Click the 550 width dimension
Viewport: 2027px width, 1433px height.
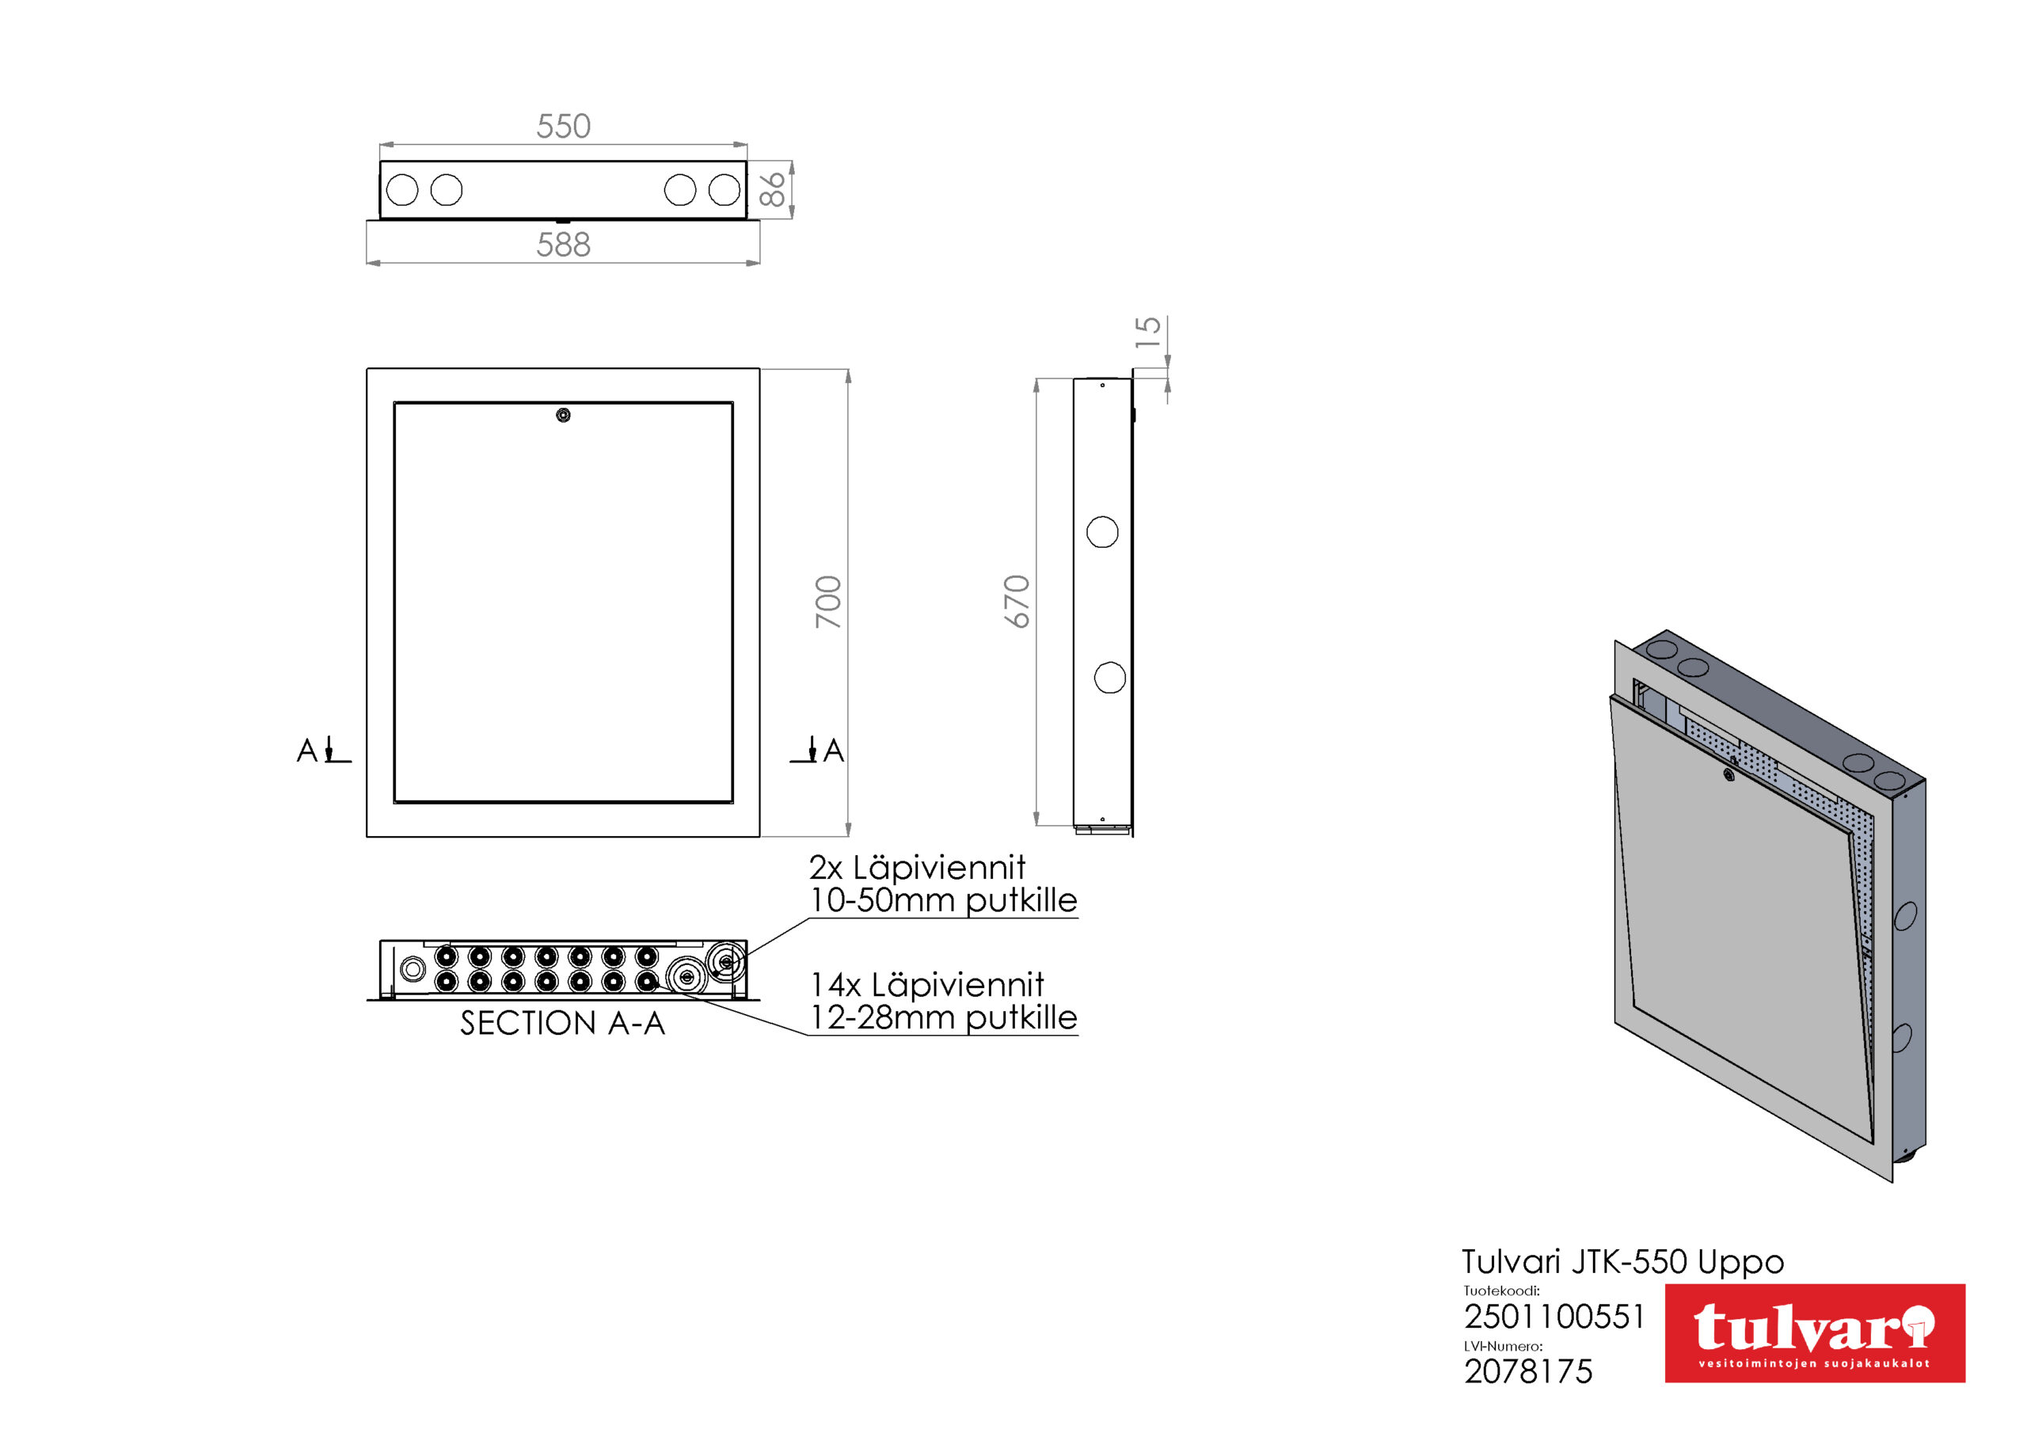563,126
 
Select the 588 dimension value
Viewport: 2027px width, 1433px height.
563,245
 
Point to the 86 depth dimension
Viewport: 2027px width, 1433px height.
771,189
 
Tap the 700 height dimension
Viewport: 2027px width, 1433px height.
828,602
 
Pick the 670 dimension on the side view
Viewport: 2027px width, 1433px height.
1017,602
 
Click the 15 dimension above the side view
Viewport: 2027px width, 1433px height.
1147,332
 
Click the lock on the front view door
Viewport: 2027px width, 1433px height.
563,415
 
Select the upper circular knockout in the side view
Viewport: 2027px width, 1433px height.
1101,532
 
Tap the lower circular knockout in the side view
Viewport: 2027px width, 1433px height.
1110,678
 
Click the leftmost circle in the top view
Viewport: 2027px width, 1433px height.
402,190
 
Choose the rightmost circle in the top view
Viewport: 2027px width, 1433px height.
724,190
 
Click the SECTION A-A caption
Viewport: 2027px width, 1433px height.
562,1024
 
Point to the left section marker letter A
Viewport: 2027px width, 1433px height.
306,751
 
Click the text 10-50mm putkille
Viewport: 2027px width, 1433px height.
944,901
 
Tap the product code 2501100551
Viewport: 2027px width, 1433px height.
1554,1317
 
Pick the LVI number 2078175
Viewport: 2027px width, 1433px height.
1528,1371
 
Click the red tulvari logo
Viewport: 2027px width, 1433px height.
1814,1333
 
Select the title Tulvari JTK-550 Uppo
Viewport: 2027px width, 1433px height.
1622,1262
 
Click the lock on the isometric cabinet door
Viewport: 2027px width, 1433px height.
1728,775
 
